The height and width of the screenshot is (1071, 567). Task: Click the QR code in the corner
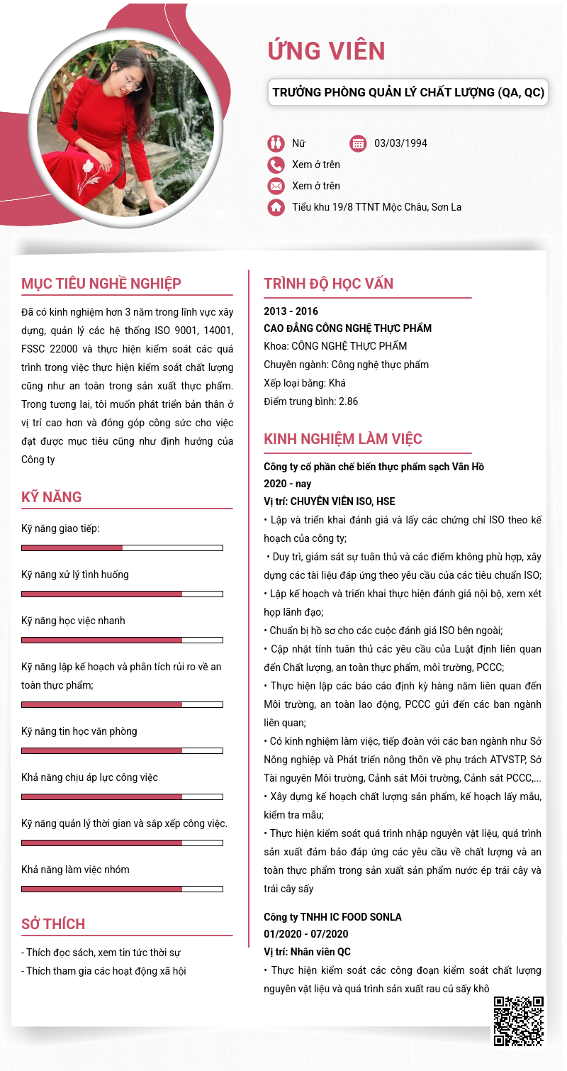click(519, 1021)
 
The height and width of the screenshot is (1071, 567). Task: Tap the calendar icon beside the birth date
click(358, 143)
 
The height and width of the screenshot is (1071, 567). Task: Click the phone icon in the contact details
click(276, 165)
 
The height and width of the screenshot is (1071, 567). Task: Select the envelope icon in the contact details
click(276, 186)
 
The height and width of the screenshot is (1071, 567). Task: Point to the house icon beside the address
click(276, 207)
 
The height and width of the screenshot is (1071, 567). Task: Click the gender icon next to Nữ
click(276, 143)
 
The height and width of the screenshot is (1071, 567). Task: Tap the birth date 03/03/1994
click(400, 143)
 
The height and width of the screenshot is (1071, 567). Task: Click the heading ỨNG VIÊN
click(326, 51)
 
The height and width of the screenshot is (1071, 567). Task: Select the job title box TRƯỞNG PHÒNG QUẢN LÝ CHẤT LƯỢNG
click(408, 92)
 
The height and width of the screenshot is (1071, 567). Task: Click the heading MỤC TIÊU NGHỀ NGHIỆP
click(101, 284)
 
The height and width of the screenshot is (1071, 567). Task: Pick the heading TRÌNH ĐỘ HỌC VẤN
click(328, 284)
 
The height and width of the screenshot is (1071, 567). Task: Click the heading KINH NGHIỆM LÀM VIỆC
click(342, 438)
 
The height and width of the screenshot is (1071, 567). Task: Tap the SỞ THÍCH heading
click(53, 923)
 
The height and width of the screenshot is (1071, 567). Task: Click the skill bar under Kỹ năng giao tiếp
click(122, 548)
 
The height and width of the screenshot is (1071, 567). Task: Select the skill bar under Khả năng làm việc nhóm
click(122, 889)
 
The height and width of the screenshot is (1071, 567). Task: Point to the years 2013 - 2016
click(291, 311)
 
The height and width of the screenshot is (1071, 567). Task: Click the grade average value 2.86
click(348, 401)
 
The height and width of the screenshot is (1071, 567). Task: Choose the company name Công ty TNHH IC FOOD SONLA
click(332, 917)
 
